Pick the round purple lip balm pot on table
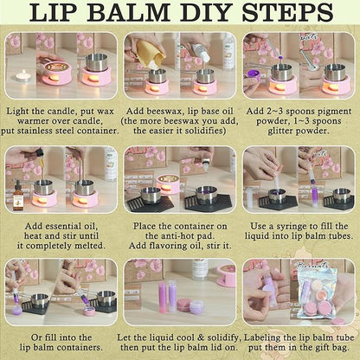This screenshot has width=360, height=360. (x=195, y=305)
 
